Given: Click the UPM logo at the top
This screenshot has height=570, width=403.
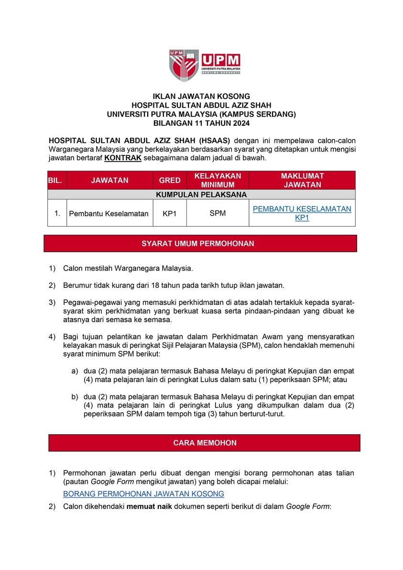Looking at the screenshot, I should (204, 65).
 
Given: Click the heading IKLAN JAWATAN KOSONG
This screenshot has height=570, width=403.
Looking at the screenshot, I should (201, 97).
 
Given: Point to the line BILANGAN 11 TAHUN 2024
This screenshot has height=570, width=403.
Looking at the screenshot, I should (201, 123).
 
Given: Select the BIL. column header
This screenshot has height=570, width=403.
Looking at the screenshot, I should (57, 180).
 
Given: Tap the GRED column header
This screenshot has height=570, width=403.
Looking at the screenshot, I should (170, 180).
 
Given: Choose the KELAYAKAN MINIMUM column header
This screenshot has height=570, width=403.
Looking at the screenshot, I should (218, 180).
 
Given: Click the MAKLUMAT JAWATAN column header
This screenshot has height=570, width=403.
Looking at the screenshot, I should (302, 180).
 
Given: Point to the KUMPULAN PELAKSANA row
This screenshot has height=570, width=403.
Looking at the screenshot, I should (201, 195).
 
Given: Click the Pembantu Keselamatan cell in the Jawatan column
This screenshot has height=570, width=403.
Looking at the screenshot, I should (109, 213).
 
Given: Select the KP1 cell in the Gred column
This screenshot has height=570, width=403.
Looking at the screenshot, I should (170, 213).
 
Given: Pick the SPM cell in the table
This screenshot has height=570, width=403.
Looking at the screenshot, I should (218, 213).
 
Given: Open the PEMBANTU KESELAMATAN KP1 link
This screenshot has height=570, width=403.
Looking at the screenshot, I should (302, 213).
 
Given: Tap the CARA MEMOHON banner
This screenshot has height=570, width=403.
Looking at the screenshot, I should (204, 443).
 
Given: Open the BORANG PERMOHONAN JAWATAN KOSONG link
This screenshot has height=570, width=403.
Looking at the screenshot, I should (143, 494).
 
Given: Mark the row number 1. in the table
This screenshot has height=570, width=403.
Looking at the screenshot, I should (57, 213).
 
